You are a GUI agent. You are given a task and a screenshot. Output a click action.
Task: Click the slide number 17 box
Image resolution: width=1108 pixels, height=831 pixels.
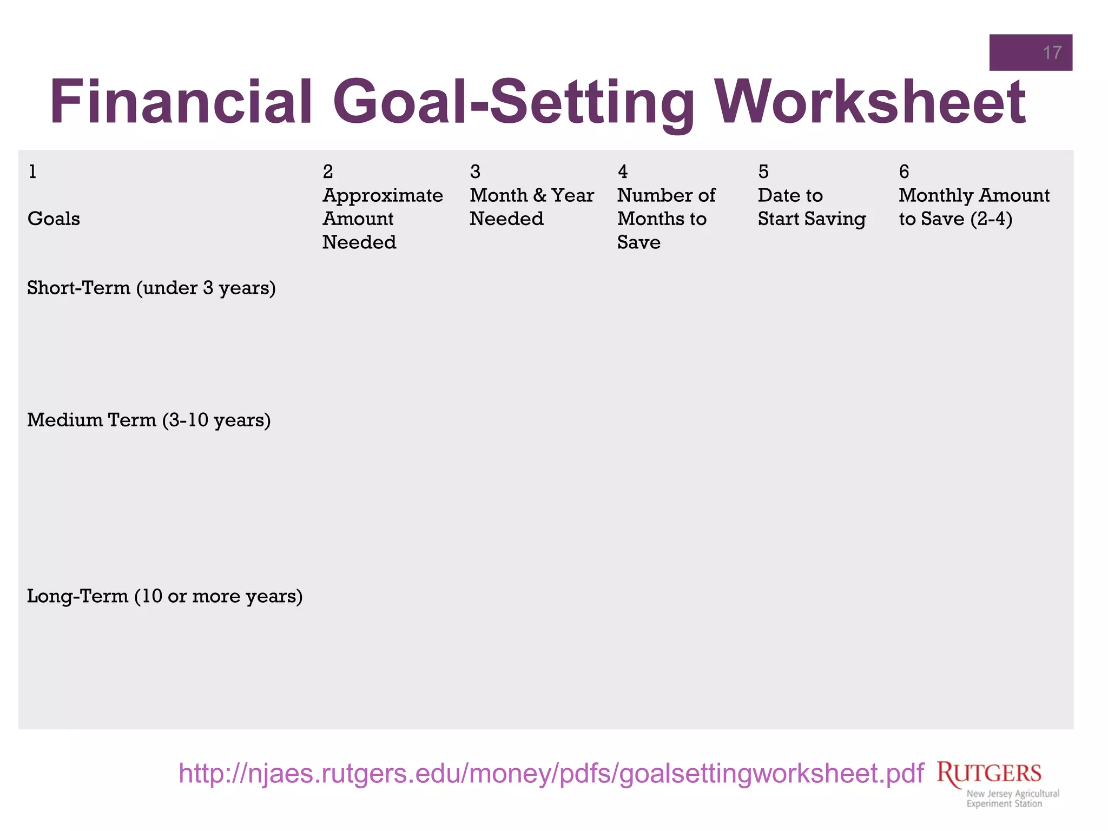click(1030, 52)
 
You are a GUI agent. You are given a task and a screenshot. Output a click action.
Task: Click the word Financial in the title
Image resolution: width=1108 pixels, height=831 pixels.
click(181, 102)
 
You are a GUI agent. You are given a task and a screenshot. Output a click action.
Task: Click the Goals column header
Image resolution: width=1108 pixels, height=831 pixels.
click(54, 219)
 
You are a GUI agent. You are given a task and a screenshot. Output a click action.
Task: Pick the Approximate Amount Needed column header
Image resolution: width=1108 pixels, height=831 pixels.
click(382, 219)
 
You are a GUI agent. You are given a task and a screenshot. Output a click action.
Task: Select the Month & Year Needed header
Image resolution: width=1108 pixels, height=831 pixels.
click(531, 207)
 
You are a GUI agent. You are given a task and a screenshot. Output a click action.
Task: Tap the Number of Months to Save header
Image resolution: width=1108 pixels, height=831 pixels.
click(666, 219)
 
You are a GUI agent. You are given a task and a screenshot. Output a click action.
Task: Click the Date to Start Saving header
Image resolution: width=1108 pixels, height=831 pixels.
click(811, 207)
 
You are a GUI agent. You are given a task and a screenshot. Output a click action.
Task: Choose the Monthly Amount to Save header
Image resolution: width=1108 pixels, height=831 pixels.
click(973, 207)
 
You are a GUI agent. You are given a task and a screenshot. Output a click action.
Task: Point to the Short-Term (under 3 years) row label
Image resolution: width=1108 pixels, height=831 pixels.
click(151, 288)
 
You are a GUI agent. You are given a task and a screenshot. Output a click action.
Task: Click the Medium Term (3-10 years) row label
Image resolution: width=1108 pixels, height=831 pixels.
click(149, 420)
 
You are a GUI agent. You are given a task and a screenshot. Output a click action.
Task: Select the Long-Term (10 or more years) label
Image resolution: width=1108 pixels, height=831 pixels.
click(164, 596)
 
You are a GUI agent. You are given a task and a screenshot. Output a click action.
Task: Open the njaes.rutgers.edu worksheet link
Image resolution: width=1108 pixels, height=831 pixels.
click(551, 773)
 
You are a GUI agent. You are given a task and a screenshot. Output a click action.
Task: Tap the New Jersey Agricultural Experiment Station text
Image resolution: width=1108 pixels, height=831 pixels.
click(1012, 799)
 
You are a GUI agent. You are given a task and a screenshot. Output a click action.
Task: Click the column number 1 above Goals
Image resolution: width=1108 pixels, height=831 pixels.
click(32, 172)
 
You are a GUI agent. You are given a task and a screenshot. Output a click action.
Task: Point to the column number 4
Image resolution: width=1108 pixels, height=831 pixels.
click(623, 172)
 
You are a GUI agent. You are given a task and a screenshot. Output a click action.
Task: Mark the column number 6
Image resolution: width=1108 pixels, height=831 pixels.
click(903, 172)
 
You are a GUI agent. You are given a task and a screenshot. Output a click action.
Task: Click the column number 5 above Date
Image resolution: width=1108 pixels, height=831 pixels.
click(763, 172)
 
